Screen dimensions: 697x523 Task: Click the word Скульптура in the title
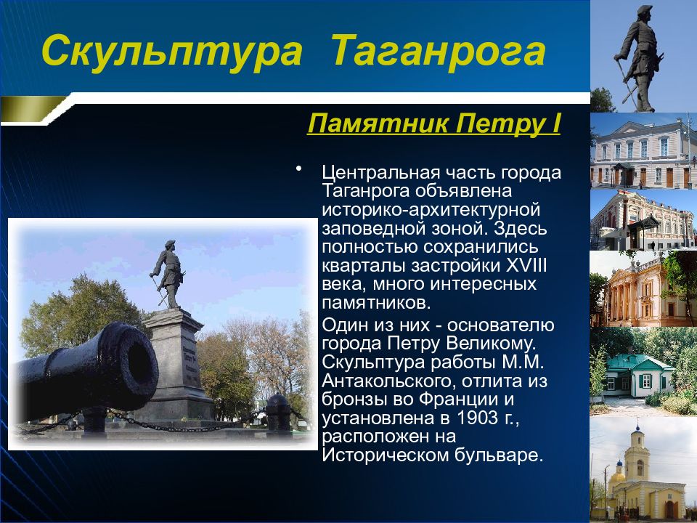171,52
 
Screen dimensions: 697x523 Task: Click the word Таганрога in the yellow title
439,52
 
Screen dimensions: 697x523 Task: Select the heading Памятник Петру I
434,123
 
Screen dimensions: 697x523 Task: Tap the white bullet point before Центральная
298,169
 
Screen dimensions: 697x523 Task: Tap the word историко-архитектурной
431,210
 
